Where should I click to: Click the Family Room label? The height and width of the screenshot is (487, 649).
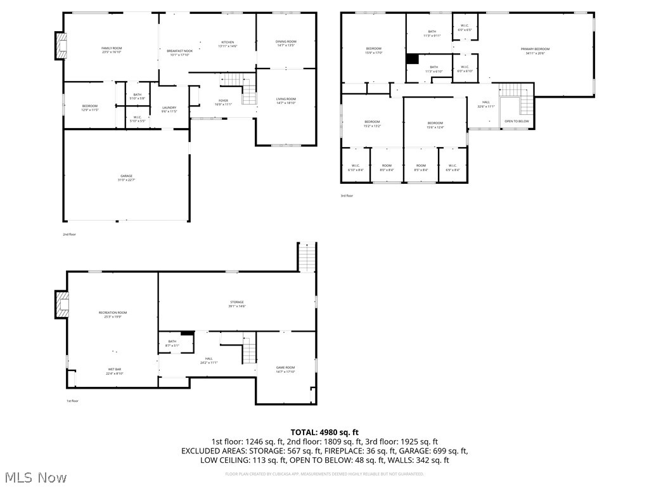tap(112, 50)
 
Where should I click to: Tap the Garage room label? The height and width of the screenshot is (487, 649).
tap(127, 178)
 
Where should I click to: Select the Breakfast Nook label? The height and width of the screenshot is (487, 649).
tap(179, 53)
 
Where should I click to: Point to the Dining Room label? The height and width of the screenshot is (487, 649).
tap(286, 43)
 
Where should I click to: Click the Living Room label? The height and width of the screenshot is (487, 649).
tap(286, 101)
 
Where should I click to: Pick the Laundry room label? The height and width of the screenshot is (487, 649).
tap(169, 109)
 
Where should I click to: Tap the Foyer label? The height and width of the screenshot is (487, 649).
tap(223, 102)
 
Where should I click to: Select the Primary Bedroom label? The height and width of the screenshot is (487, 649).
tap(535, 51)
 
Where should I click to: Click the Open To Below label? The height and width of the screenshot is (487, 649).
tap(516, 121)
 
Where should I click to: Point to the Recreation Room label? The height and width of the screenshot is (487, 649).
tap(113, 314)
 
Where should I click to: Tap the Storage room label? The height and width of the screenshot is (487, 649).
tap(236, 304)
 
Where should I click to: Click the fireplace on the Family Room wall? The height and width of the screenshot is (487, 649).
tap(61, 46)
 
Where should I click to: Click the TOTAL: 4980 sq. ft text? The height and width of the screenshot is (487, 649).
tap(324, 432)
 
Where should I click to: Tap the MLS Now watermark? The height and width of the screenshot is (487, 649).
tap(34, 477)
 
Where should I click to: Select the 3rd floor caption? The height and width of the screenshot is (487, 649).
tap(347, 195)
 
